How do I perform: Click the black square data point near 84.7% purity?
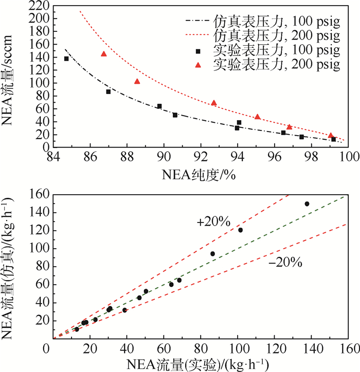[66, 59]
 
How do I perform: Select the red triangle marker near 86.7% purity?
[104, 54]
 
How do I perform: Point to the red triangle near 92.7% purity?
[214, 103]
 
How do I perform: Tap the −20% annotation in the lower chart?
[285, 263]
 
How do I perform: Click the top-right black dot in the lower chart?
[307, 204]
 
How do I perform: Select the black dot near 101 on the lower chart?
[240, 230]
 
